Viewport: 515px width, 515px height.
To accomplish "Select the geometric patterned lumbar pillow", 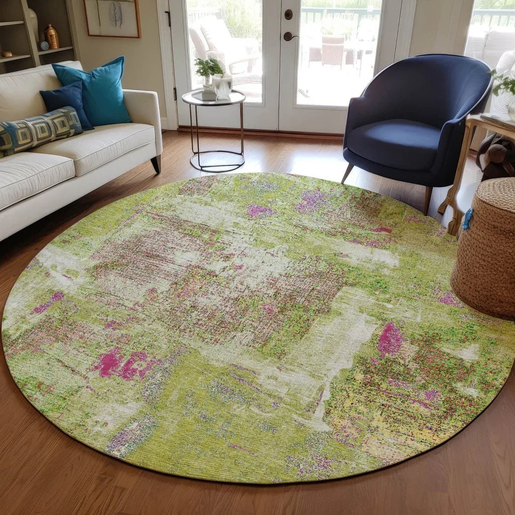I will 40,130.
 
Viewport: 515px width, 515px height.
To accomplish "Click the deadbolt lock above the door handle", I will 288,15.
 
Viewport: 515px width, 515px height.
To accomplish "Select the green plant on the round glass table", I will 208,67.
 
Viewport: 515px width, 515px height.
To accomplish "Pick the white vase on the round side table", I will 222,87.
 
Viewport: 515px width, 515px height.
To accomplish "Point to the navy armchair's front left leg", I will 347,174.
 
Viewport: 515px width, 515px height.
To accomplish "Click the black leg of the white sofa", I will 156,164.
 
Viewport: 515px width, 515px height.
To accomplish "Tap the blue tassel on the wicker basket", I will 468,219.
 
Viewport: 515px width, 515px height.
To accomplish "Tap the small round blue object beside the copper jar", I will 44,46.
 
